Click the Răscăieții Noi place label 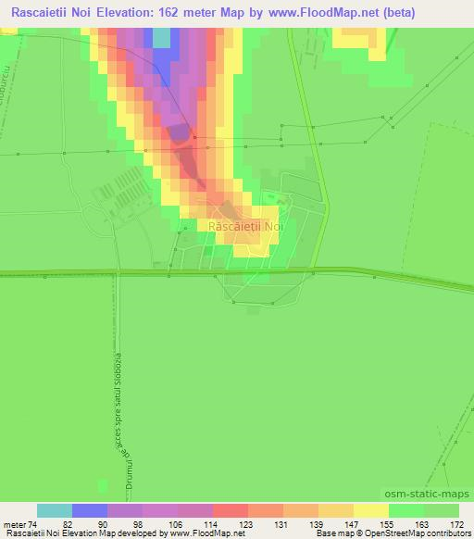[x=245, y=226]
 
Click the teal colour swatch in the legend [x=54, y=510]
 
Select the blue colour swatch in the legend [x=90, y=510]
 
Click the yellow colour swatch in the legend [x=370, y=510]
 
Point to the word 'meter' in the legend [x=13, y=523]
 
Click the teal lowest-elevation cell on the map [x=161, y=38]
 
